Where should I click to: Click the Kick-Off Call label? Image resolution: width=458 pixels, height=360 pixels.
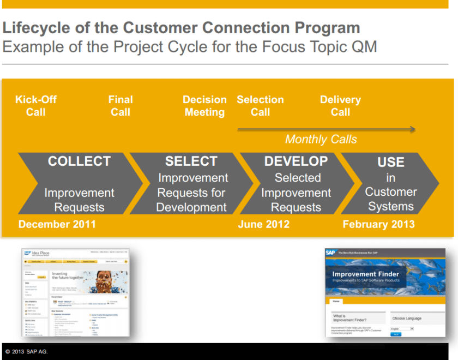pos(36,106)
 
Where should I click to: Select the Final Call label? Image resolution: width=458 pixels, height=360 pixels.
pos(120,106)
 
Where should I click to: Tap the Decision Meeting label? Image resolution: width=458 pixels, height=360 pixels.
pos(204,106)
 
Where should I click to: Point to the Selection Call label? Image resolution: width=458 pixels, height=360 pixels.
pos(260,106)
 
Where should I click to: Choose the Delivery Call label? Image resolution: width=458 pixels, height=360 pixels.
pos(340,106)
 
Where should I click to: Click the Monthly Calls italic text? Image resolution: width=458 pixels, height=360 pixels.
pos(321,140)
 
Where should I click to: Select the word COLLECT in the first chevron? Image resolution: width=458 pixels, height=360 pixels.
pos(79,161)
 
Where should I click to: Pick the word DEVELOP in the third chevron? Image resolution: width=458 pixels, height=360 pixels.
pos(296,161)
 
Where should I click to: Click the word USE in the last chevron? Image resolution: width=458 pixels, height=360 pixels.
pos(390,163)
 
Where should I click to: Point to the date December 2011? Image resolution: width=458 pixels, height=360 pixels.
pos(57,225)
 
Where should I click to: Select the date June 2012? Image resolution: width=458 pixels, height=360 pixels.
pos(264,225)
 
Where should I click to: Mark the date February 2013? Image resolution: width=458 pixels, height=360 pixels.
pos(378,225)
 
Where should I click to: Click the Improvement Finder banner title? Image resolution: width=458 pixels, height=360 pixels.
pos(366,274)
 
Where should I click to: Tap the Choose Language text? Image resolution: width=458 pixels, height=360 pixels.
pos(407,319)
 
